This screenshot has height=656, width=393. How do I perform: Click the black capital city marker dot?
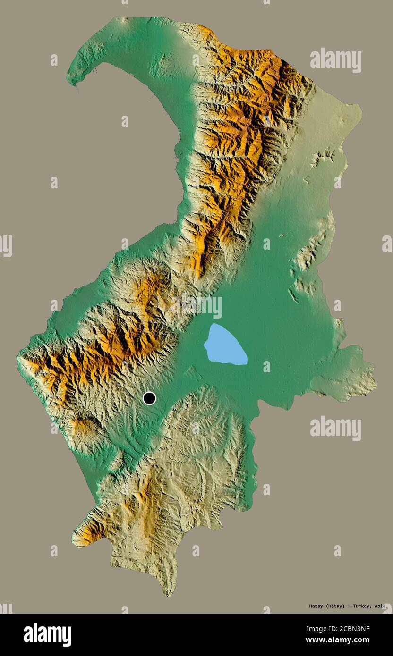[x=149, y=398]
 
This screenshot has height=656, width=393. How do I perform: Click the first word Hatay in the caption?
[x=317, y=606]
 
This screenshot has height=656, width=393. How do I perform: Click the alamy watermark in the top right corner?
[x=336, y=60]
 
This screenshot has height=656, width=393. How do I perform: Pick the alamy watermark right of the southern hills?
[x=336, y=428]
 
